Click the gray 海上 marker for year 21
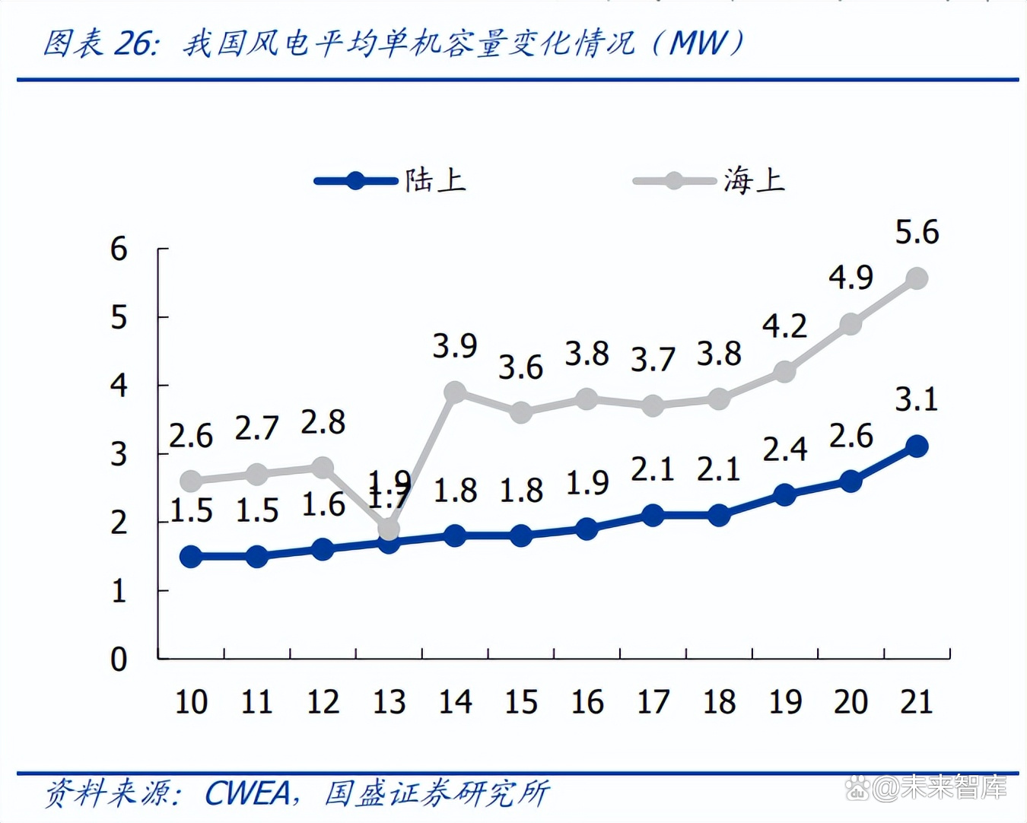917,278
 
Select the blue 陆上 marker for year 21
917,446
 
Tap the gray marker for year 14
455,392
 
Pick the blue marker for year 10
191,557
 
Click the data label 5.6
917,232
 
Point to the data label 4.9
851,278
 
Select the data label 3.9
455,346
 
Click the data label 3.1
917,399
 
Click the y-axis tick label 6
119,249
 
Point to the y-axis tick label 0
119,659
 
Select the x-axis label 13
389,701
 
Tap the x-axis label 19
785,701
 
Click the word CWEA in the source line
248,793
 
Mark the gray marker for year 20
851,324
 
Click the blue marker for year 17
653,515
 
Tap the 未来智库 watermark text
954,788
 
